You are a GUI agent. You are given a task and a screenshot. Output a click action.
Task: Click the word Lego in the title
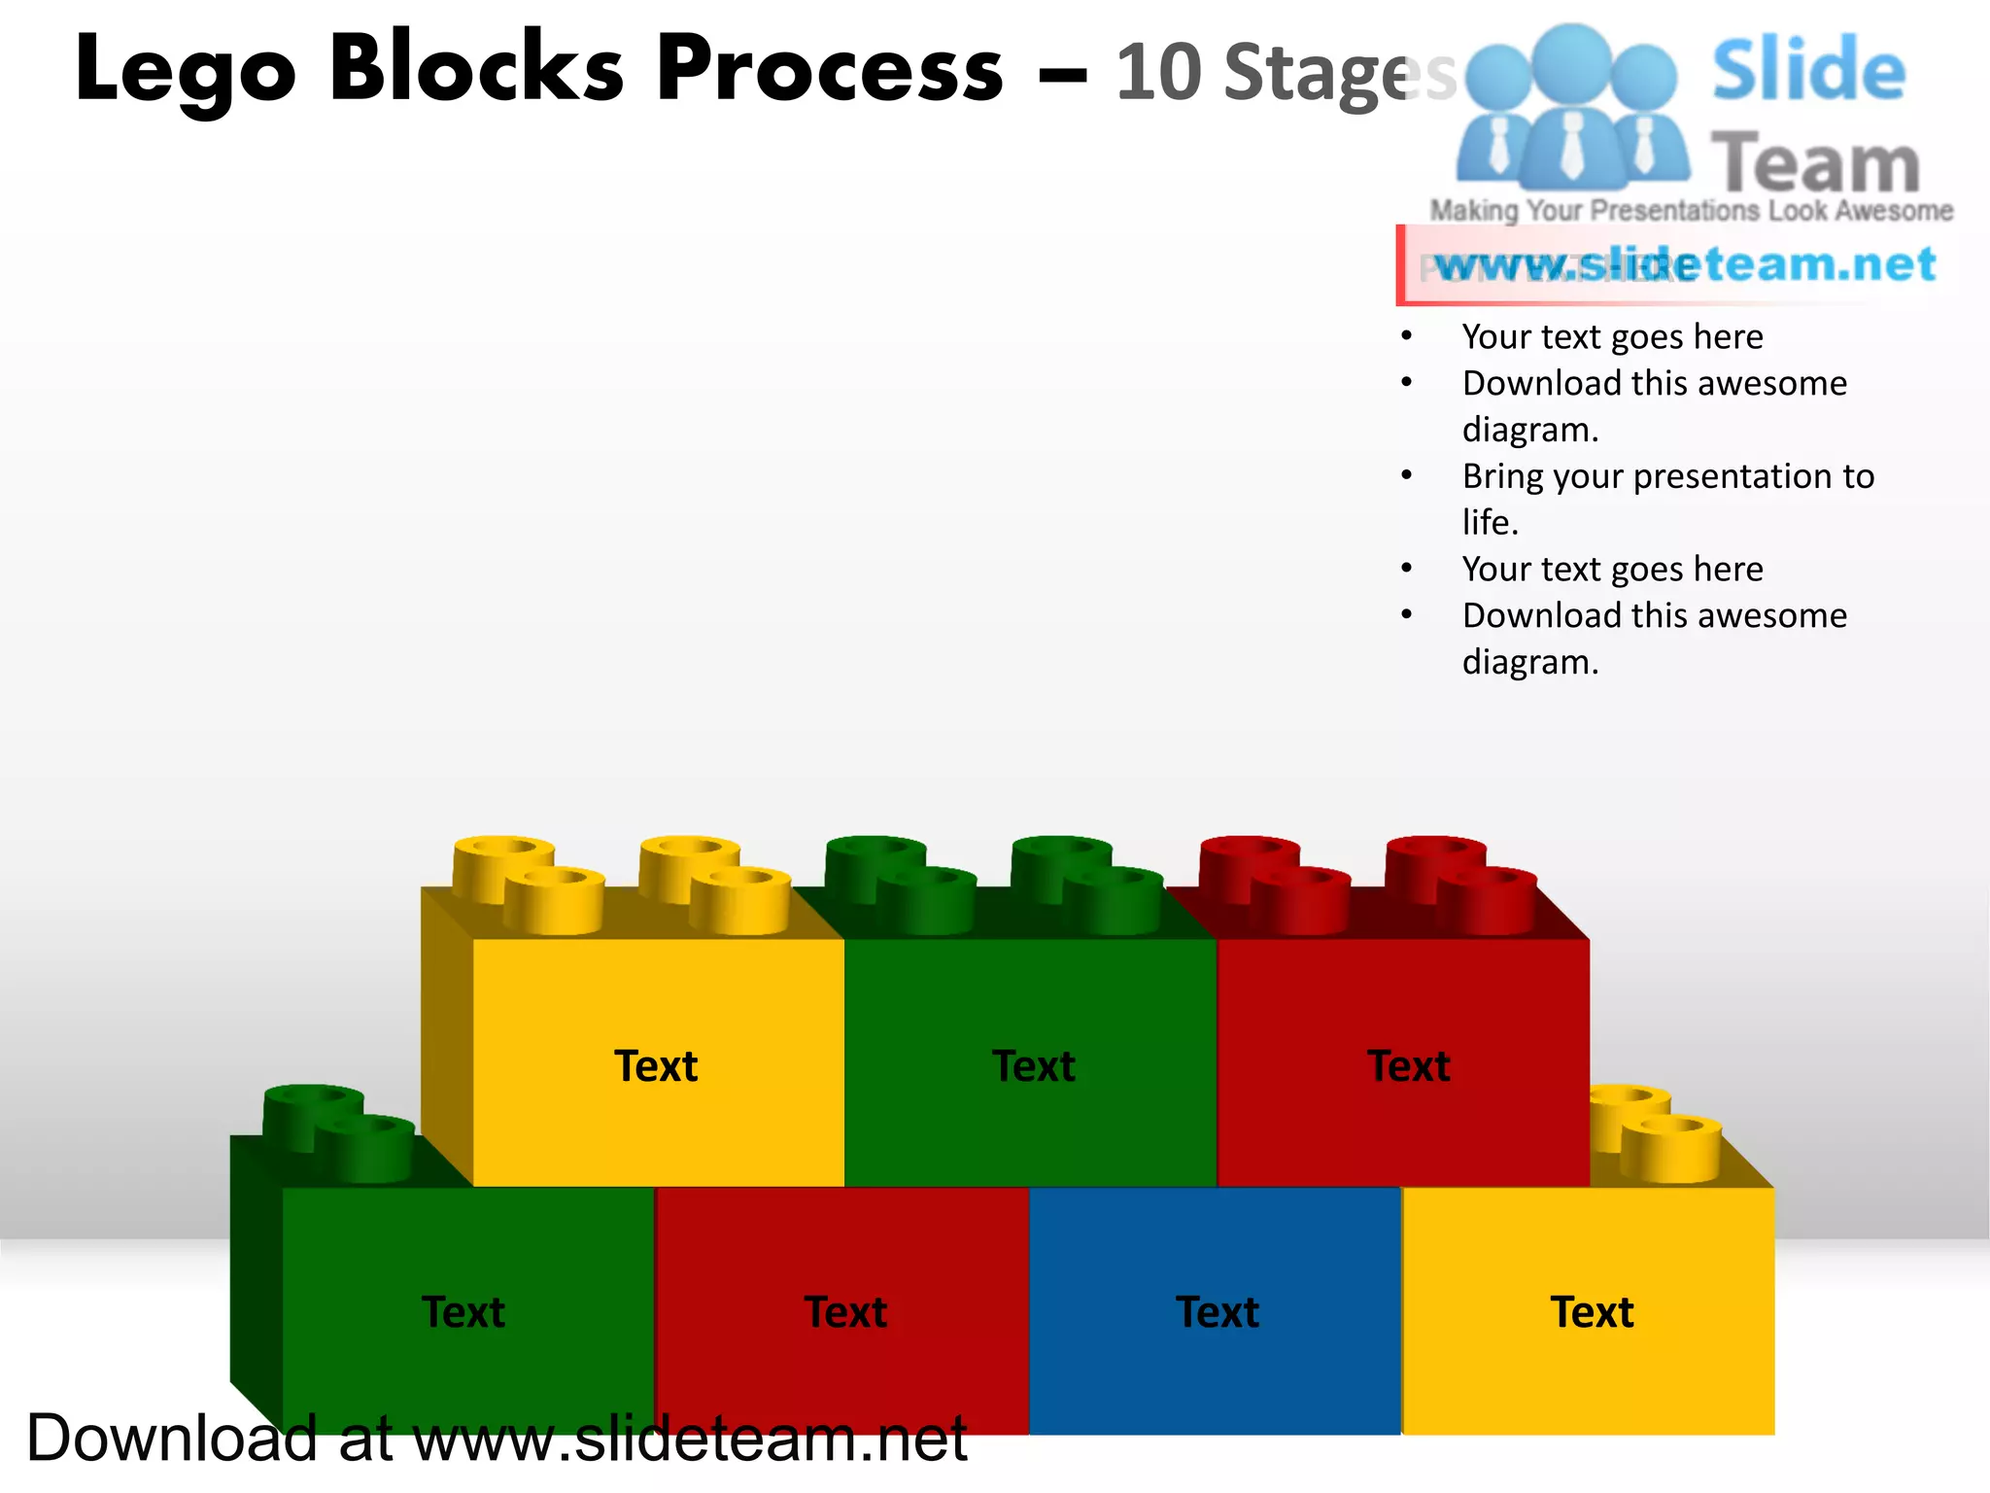[185, 70]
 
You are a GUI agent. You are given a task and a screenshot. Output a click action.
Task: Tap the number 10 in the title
[1158, 73]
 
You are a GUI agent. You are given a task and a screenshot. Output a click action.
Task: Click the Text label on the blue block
[1218, 1312]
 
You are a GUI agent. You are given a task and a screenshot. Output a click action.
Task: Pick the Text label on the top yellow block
[656, 1066]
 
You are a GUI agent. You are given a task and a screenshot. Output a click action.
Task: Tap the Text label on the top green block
[1034, 1066]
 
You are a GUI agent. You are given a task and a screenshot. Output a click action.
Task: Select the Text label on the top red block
[1409, 1066]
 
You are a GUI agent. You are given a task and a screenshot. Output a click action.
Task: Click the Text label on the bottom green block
[463, 1312]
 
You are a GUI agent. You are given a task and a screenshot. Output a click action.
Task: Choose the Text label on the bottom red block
[845, 1312]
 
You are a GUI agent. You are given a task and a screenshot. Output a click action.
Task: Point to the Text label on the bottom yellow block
[1592, 1312]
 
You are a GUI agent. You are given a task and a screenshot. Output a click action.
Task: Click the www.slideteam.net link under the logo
[1685, 264]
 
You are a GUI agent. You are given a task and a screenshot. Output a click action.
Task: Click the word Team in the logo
[1815, 163]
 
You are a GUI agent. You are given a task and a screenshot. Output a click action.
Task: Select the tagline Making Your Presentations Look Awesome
[1691, 210]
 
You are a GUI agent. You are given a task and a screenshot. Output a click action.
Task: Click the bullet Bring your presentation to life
[1667, 498]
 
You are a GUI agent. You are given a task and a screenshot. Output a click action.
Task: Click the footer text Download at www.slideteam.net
[496, 1439]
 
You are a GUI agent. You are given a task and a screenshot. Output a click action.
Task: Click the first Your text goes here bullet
[1612, 336]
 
